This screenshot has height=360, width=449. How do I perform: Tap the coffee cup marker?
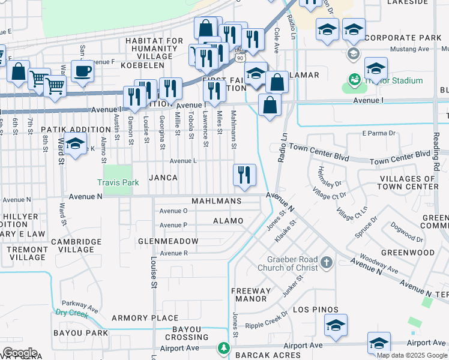(x=83, y=71)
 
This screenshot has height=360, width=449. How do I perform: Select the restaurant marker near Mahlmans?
(x=244, y=175)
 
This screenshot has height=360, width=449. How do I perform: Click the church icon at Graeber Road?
(x=326, y=262)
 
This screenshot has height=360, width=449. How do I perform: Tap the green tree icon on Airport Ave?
(x=223, y=347)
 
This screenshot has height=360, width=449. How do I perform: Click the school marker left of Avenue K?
(x=75, y=145)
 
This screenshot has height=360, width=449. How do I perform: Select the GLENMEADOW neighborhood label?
(x=168, y=241)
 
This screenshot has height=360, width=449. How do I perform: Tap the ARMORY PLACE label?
(x=145, y=318)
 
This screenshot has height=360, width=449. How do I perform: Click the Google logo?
(x=20, y=353)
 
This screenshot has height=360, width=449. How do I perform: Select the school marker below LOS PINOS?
(x=336, y=326)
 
